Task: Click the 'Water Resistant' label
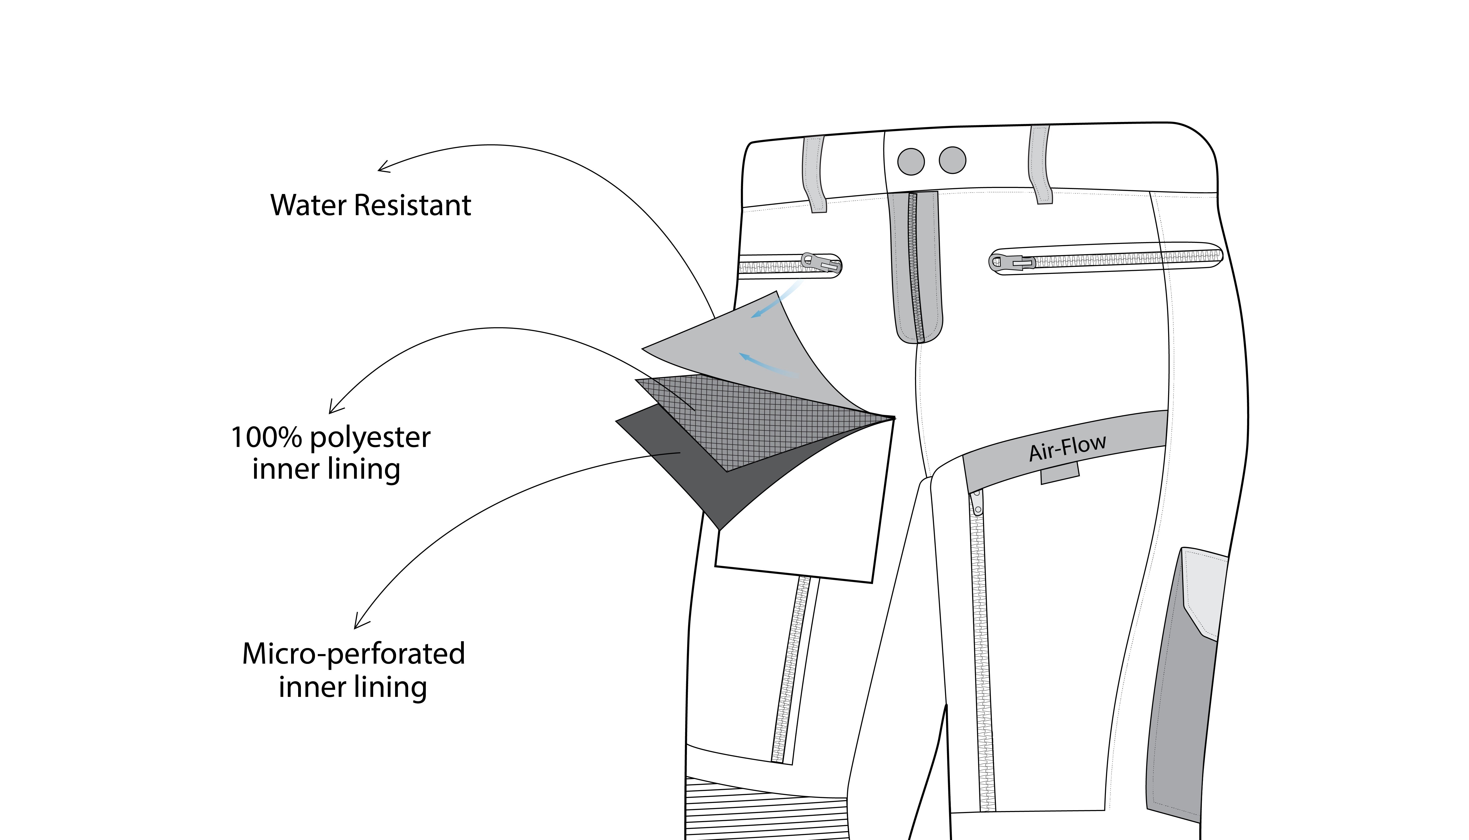coord(371,205)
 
